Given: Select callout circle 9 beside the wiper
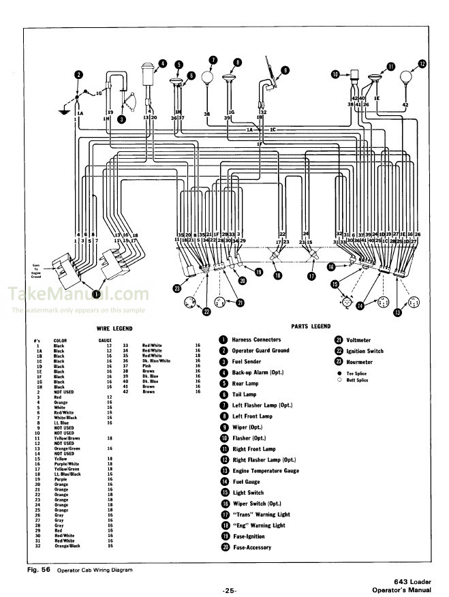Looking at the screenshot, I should [285, 70].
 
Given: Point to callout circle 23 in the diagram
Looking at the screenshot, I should [177, 289].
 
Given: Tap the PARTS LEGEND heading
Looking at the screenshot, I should [310, 326].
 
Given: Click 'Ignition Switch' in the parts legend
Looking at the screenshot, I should [365, 351].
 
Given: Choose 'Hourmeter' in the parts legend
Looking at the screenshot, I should [360, 362].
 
